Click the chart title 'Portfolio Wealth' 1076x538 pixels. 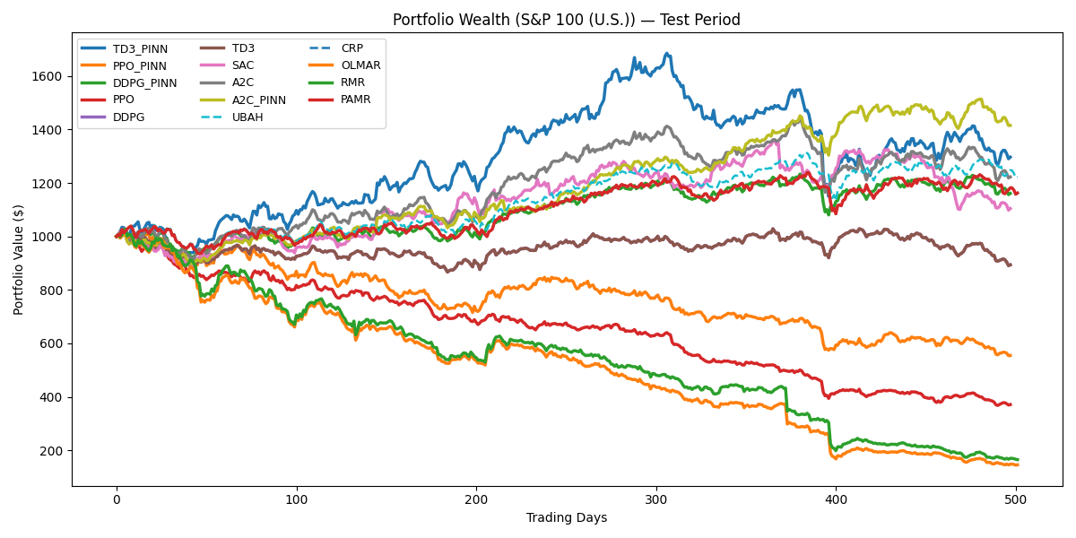(567, 20)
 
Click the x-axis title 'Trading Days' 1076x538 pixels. (567, 517)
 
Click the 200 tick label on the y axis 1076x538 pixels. (50, 451)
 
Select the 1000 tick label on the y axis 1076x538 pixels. (47, 237)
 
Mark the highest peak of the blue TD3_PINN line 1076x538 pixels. (666, 54)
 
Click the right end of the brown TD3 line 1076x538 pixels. (1011, 265)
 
